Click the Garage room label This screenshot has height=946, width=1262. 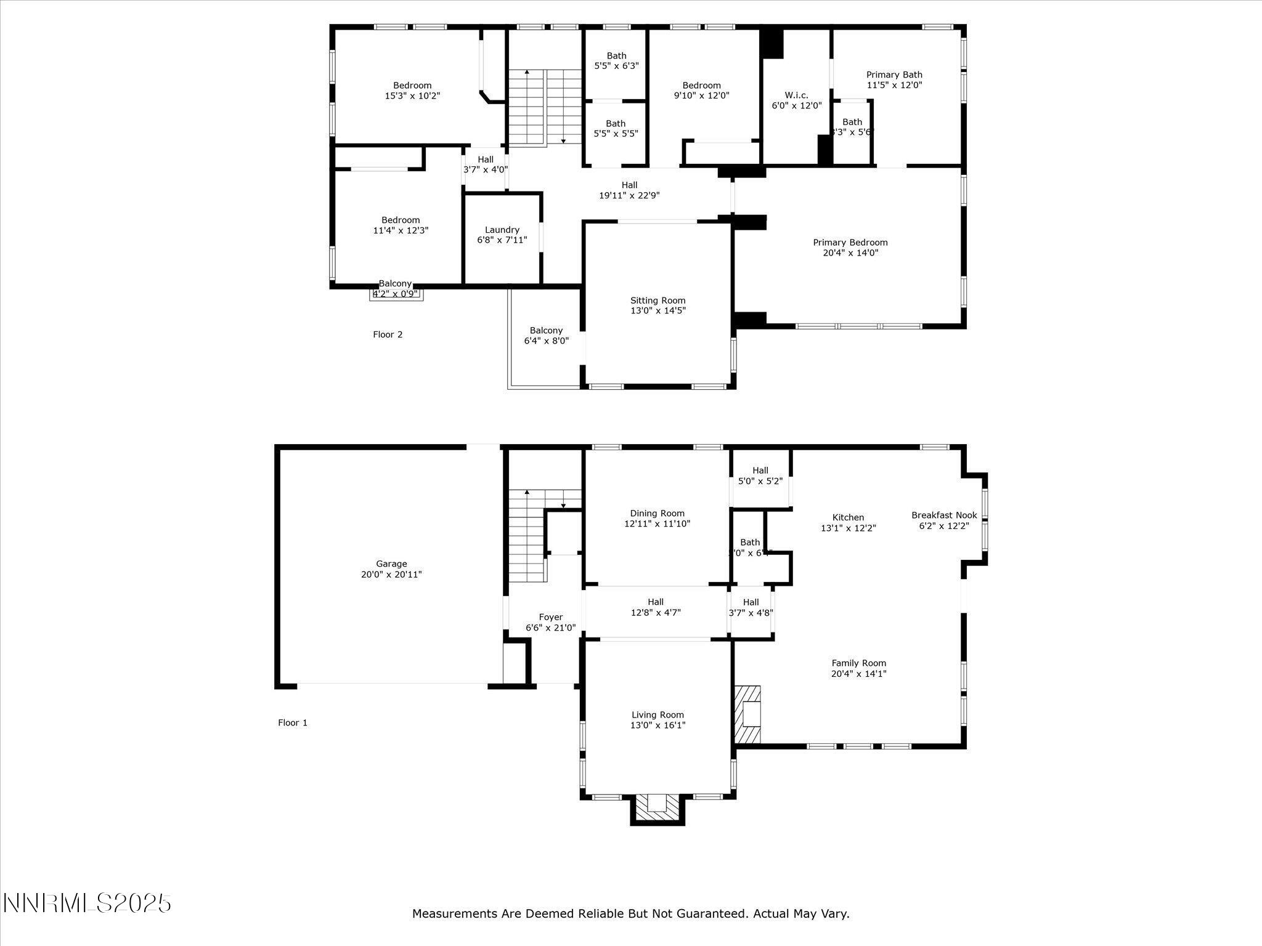(391, 564)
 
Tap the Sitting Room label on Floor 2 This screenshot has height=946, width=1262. (657, 301)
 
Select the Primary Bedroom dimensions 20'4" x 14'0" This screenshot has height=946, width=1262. (850, 253)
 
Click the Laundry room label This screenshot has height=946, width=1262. (502, 230)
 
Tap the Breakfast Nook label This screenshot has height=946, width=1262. (944, 515)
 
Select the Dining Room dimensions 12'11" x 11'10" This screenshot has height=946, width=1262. (657, 524)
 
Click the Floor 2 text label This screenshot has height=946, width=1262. (388, 334)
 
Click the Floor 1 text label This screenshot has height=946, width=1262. (293, 722)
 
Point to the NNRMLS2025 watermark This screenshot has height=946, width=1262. (86, 903)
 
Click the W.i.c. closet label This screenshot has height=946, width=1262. (796, 95)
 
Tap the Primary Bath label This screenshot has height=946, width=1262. (894, 75)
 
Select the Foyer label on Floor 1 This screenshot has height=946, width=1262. (550, 617)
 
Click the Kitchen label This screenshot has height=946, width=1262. (848, 517)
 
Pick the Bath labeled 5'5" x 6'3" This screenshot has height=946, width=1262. (616, 60)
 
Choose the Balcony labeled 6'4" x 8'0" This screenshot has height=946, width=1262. (546, 335)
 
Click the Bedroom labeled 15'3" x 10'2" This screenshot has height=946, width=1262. (412, 91)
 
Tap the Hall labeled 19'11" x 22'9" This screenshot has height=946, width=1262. (629, 190)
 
